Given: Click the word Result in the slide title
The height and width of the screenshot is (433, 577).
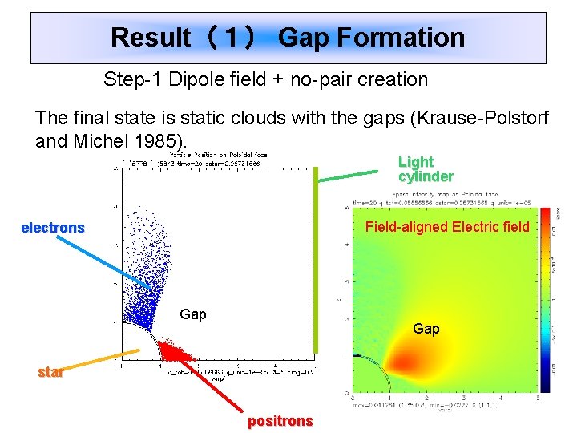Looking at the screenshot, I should [x=151, y=38].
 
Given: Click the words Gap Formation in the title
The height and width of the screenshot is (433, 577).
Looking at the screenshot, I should [x=371, y=38].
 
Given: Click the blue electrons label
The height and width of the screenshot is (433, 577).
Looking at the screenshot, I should [x=52, y=228].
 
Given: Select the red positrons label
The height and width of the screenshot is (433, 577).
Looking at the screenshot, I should [x=280, y=421].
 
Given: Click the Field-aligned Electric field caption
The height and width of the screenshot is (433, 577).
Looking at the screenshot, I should [x=447, y=227].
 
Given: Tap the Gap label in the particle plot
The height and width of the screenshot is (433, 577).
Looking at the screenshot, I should [x=193, y=314].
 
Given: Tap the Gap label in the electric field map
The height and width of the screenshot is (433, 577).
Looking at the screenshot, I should [x=426, y=329].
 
